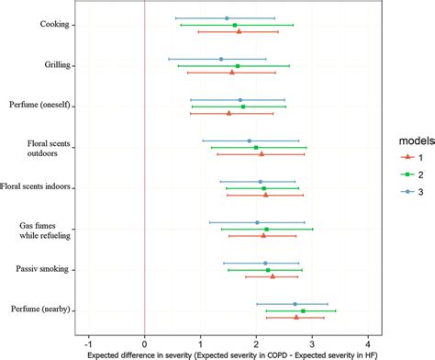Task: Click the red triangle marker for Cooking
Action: (x=239, y=31)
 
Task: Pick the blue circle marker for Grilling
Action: (x=221, y=59)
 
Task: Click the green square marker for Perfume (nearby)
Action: (x=303, y=310)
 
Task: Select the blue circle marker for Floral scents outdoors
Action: (x=249, y=141)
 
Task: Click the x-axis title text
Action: (x=228, y=352)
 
